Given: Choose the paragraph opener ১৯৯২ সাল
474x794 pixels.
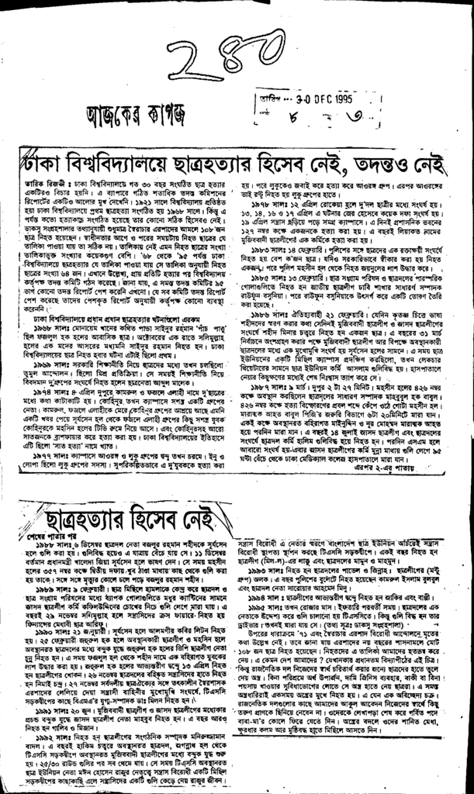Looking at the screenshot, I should (x=50, y=704).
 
